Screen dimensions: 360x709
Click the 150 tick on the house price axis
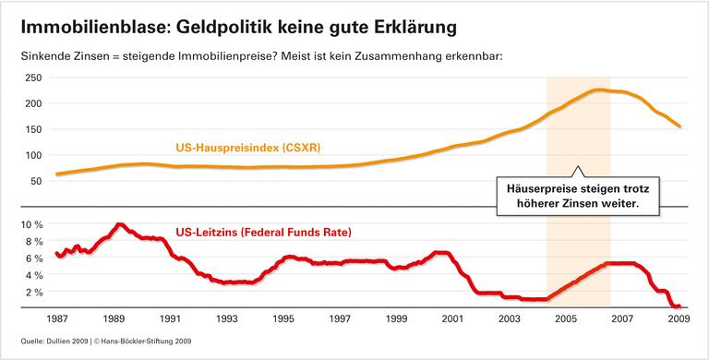coord(34,129)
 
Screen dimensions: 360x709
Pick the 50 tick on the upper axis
coord(37,181)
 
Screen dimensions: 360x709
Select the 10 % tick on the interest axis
coord(31,224)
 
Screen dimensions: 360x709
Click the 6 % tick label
coord(34,258)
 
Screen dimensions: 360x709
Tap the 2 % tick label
coord(34,293)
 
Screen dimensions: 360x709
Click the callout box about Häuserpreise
coord(579,196)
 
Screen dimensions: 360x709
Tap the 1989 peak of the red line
coord(119,224)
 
